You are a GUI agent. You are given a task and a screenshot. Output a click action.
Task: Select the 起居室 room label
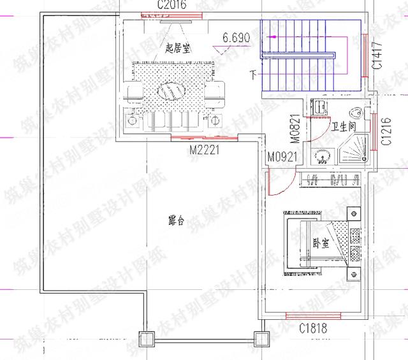pos(179,47)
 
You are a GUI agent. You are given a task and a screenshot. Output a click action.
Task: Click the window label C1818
pos(314,329)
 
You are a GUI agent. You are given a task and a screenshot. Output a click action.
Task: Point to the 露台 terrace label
pos(176,221)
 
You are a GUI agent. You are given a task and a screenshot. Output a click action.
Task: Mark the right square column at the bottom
pos(259,339)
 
